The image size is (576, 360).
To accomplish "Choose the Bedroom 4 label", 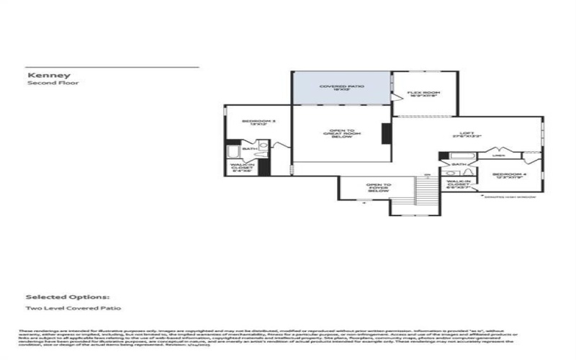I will point(509,176).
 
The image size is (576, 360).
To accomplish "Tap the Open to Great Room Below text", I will point(342,133).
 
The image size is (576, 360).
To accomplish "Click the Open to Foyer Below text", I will point(378,187).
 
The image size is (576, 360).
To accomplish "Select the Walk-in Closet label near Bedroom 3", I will point(240,167).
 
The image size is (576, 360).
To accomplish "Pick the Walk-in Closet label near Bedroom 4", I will point(458,184).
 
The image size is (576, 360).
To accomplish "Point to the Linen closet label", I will point(498,155).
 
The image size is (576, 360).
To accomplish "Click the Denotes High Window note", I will point(516,197).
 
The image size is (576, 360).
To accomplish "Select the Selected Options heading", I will point(68,296).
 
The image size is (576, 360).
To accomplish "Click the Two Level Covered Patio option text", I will point(73,308).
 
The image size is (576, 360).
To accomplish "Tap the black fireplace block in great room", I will point(386,133).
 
